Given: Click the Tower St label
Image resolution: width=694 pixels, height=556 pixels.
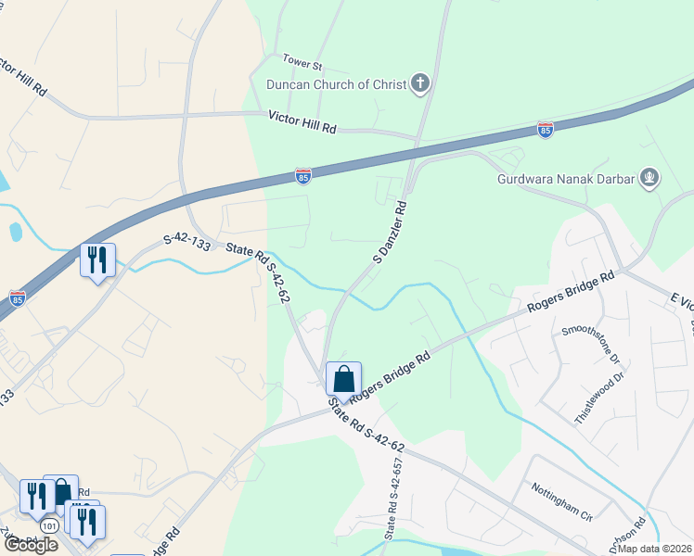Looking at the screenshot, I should coord(302,67).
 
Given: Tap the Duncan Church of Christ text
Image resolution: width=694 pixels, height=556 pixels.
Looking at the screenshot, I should coord(336,85).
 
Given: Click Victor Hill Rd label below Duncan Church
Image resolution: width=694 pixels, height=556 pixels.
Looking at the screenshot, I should coord(302,120).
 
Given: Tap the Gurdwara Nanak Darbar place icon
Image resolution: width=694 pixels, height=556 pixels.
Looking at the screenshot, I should coord(649,177).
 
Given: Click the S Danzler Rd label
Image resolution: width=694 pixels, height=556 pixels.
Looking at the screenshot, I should coord(390,231).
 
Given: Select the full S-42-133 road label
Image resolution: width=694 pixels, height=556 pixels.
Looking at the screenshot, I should coord(188,239).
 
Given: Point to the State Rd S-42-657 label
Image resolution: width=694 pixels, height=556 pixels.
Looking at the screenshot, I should coord(393,499).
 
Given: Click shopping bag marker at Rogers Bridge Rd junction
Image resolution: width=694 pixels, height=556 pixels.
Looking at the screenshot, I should coord(343,379).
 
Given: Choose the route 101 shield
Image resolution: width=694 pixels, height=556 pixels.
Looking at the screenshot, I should coord(50,525).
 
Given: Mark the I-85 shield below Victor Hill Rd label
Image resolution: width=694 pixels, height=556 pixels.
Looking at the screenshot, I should coord(302,175).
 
